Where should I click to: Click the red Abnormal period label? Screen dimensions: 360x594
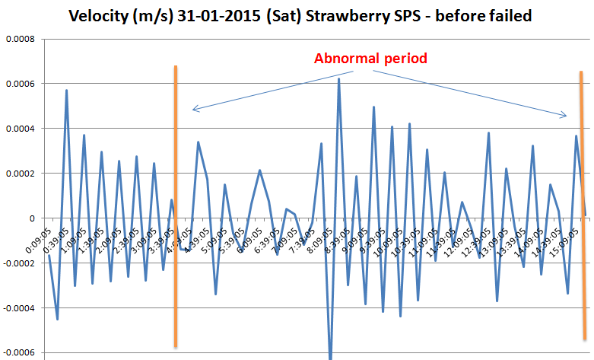click(370, 58)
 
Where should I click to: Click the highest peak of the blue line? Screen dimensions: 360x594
click(339, 79)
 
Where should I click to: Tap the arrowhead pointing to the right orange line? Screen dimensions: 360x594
click(566, 116)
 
